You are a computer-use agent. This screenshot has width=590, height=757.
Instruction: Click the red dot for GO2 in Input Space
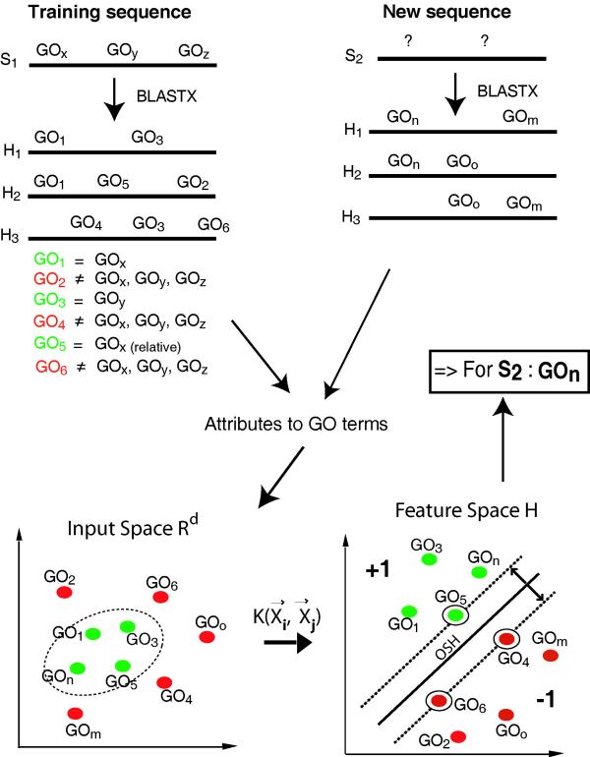(x=64, y=593)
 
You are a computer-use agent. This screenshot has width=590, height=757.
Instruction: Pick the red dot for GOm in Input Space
(x=75, y=713)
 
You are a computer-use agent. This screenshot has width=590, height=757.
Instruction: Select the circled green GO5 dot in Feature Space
(x=454, y=614)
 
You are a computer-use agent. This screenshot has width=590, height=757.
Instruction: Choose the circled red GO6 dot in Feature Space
(x=439, y=700)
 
